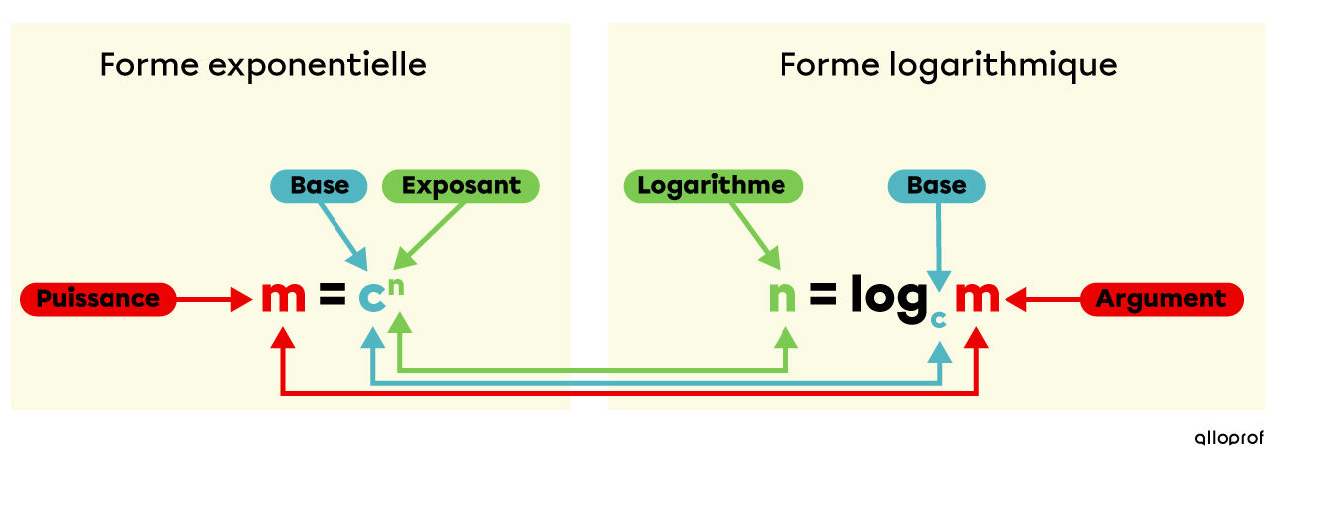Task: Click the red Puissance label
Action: click(x=98, y=299)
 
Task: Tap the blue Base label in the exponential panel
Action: click(x=320, y=186)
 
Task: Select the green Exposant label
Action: click(x=460, y=186)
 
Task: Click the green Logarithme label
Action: click(x=712, y=186)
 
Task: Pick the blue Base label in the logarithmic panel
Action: click(x=936, y=186)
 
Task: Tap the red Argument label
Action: click(x=1161, y=299)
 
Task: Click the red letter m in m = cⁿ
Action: click(x=283, y=297)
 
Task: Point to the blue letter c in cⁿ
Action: click(x=371, y=298)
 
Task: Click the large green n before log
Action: click(x=782, y=297)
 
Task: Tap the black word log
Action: click(x=888, y=298)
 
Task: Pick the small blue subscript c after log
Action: click(x=937, y=318)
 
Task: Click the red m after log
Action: click(x=977, y=297)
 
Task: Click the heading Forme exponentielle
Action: click(x=263, y=66)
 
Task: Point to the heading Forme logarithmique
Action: click(x=948, y=66)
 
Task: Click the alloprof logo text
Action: click(x=1229, y=438)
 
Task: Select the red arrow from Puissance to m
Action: click(x=213, y=298)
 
